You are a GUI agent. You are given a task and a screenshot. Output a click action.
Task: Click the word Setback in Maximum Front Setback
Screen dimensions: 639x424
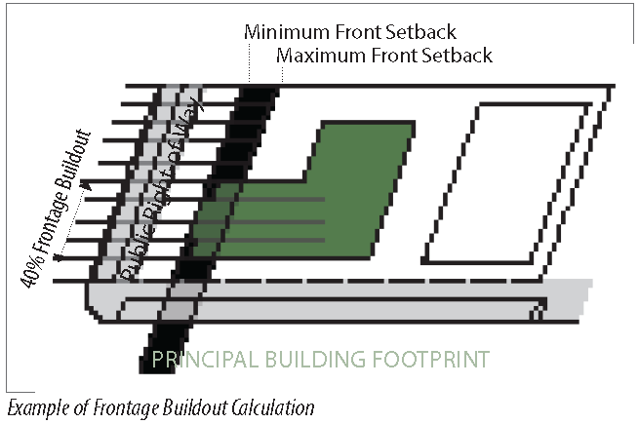(458, 55)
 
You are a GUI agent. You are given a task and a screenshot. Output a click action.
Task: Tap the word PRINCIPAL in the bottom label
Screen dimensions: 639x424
(201, 361)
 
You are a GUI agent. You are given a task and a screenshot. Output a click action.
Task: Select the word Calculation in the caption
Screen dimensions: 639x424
(269, 405)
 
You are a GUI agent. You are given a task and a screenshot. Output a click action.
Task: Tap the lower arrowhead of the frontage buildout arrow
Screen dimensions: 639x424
(60, 256)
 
